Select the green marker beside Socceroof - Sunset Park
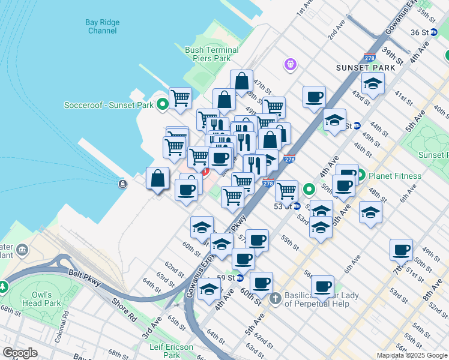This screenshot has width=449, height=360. (x=162, y=105)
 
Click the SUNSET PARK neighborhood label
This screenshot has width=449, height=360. (x=366, y=68)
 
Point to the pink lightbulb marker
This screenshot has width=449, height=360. (x=291, y=63)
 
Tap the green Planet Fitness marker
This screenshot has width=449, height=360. (x=361, y=176)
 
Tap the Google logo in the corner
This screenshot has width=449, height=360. (x=20, y=353)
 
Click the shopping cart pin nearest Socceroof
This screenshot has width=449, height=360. (x=180, y=97)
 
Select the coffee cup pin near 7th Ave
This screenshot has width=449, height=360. (x=401, y=248)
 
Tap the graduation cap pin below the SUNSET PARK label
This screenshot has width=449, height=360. (x=372, y=84)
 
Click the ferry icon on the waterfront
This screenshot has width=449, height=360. (x=122, y=184)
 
